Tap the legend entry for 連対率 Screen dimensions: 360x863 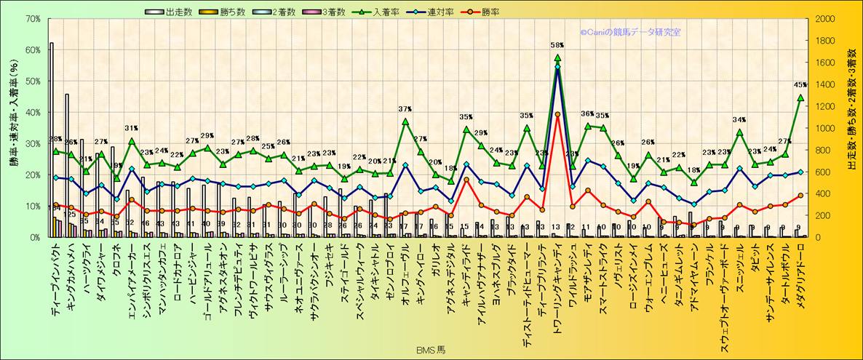coord(445,12)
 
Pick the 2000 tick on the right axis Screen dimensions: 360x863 coord(826,18)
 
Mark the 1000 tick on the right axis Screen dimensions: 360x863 coord(826,128)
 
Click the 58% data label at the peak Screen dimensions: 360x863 coord(558,46)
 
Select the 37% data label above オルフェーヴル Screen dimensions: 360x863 coord(405,109)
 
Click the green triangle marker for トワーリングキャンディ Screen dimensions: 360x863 coord(557,57)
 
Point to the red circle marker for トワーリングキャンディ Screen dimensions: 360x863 coord(557,114)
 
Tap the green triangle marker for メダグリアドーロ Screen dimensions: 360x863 coord(800,97)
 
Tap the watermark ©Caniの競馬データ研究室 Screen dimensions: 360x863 coord(630,32)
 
